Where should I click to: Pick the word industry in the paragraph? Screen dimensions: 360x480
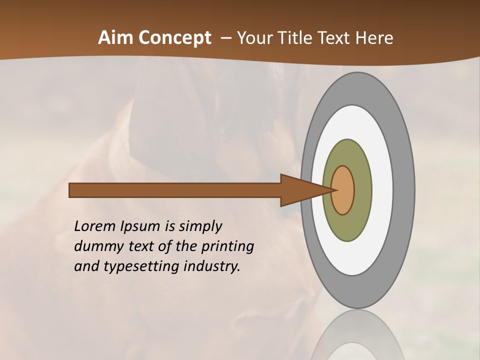[212, 266]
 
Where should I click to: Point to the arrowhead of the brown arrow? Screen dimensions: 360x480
[300, 190]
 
